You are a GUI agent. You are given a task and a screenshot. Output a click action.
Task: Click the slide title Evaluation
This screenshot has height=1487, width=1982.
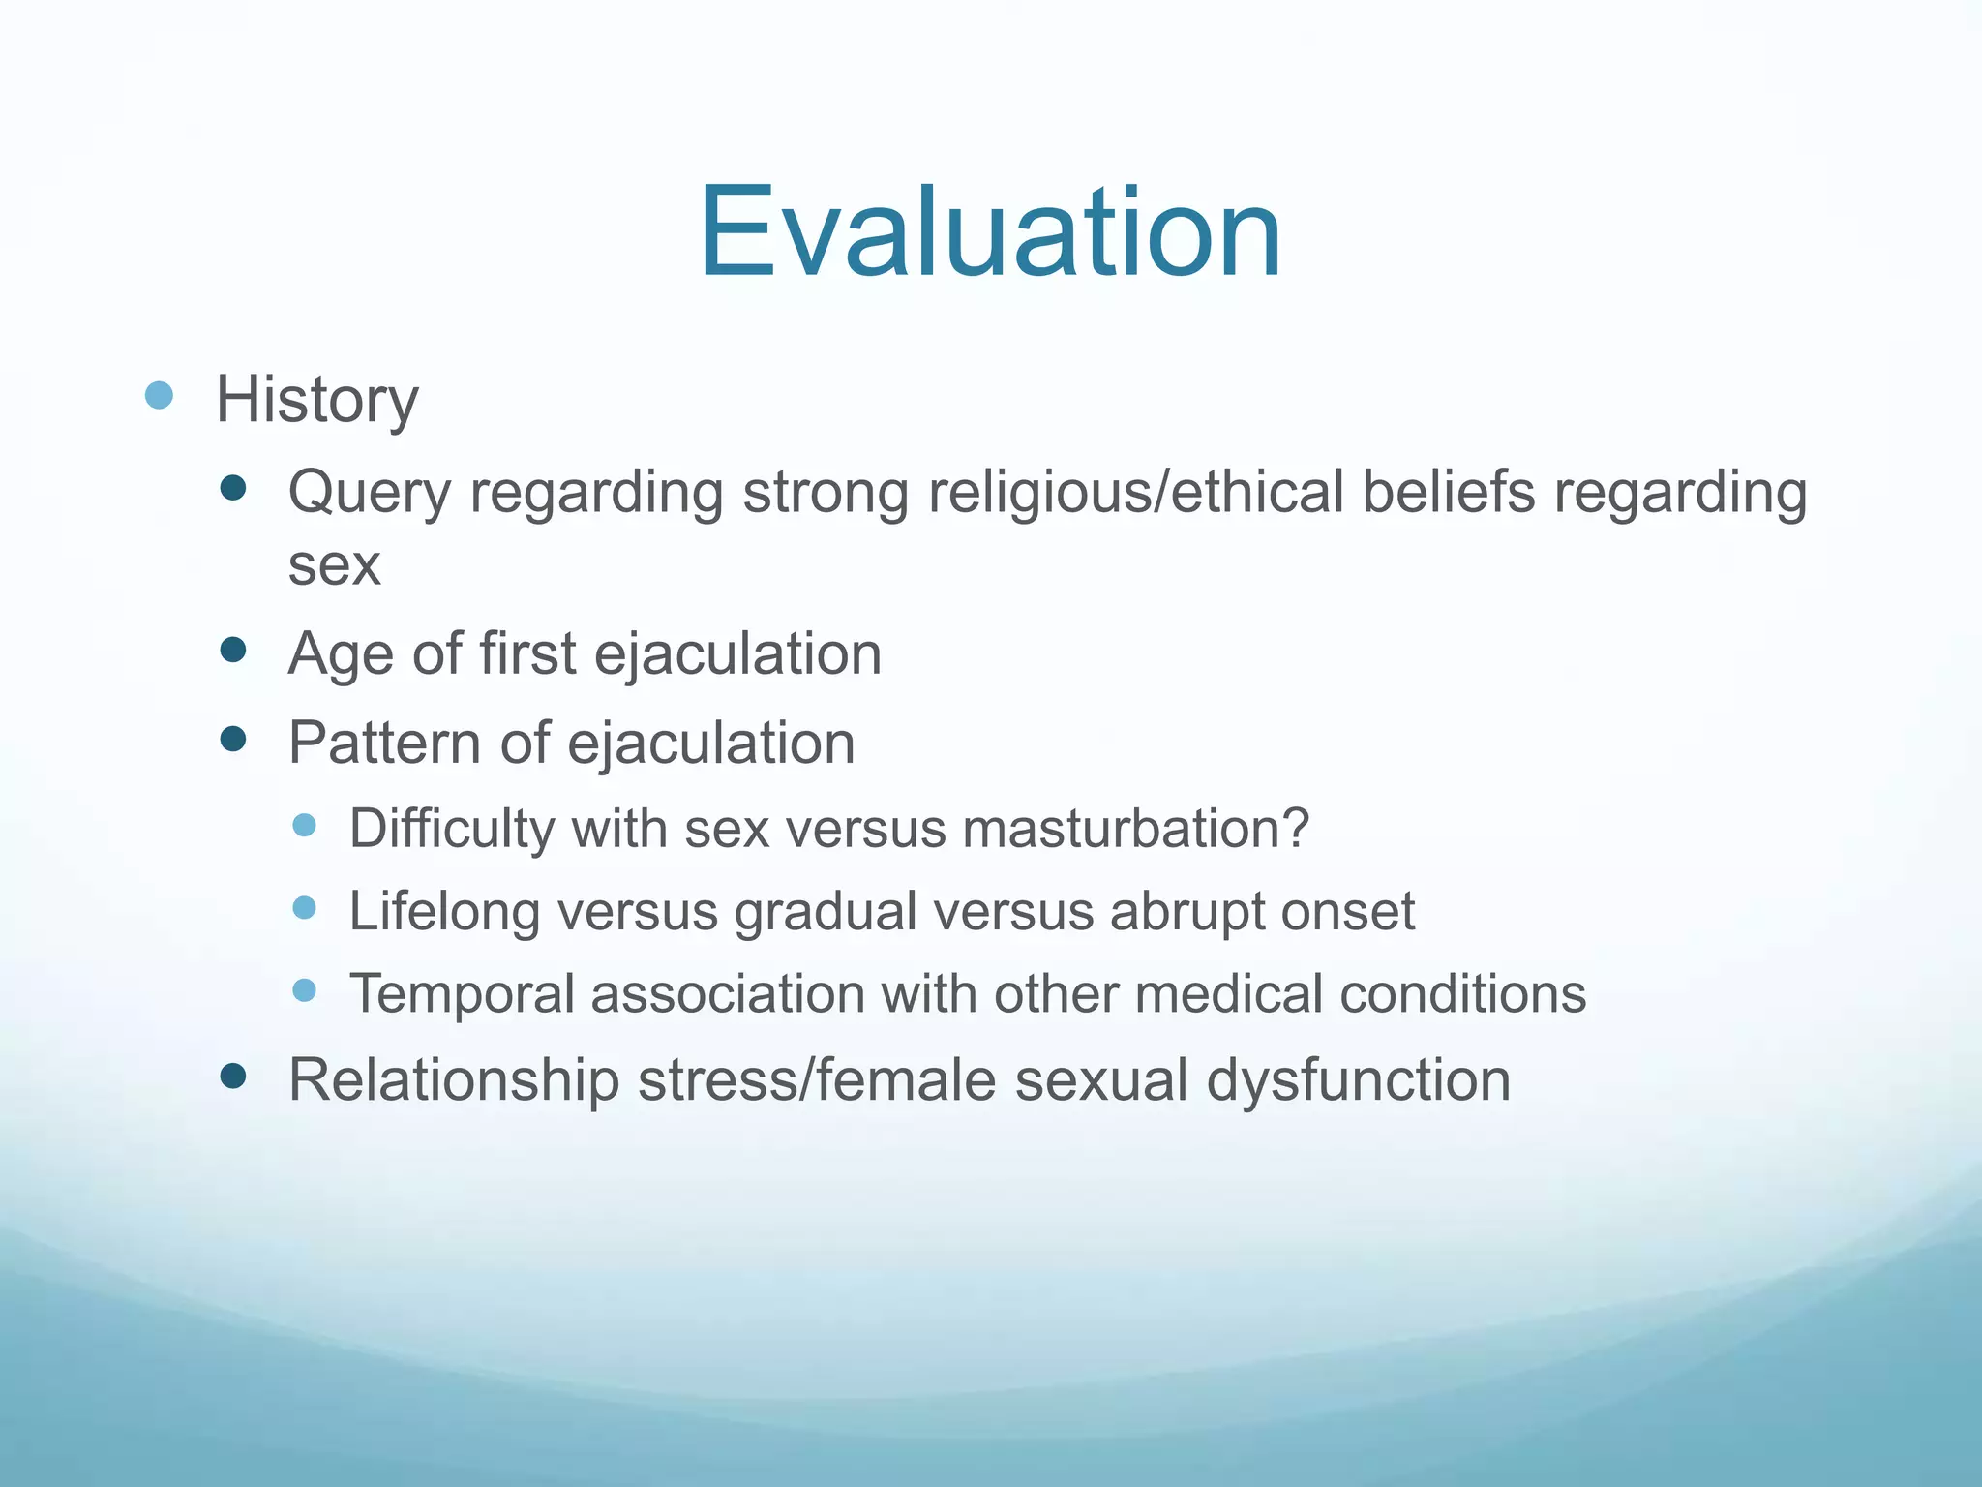pos(989,233)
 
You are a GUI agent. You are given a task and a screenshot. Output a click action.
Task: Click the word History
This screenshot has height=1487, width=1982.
pos(316,400)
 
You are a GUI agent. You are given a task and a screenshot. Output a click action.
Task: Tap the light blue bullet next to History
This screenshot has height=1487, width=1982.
pos(159,395)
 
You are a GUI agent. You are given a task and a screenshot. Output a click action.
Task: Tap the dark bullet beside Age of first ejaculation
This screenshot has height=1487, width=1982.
pos(233,650)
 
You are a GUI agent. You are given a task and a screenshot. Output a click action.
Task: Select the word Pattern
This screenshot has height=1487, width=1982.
pos(384,743)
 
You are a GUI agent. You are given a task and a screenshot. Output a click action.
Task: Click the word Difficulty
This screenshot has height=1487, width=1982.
pos(452,830)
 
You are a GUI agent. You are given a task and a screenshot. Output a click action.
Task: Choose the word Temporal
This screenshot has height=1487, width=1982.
pos(462,994)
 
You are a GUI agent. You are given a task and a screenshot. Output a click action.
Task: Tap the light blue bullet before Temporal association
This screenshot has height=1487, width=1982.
pos(305,990)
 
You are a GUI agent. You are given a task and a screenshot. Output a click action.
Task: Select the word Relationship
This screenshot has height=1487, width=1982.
pos(453,1079)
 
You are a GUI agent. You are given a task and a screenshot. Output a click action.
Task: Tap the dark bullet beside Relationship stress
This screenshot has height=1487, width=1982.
pos(233,1076)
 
